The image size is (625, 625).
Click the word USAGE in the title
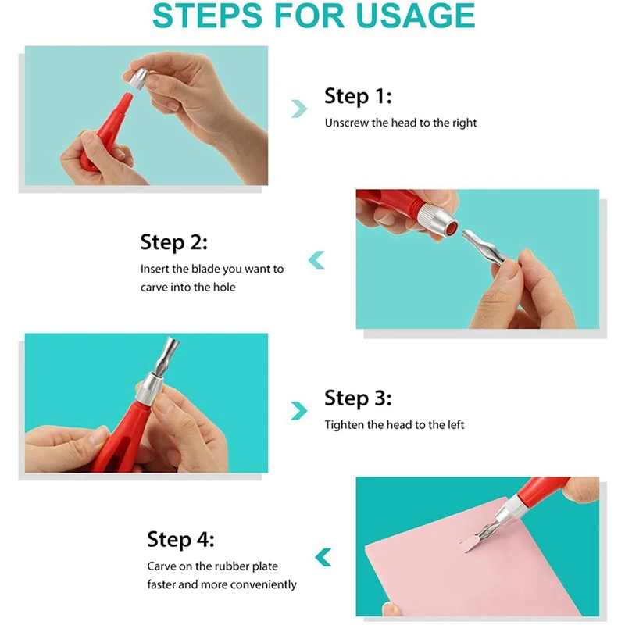[415, 16]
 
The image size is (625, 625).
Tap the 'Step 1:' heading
[358, 96]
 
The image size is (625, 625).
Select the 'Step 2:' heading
[173, 242]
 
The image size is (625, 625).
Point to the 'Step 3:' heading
[358, 398]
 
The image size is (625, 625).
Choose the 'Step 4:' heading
[180, 539]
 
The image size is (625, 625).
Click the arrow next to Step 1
[299, 109]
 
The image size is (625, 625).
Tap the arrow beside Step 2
[316, 260]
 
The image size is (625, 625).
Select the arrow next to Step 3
[299, 411]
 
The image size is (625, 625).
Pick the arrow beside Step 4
[323, 557]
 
